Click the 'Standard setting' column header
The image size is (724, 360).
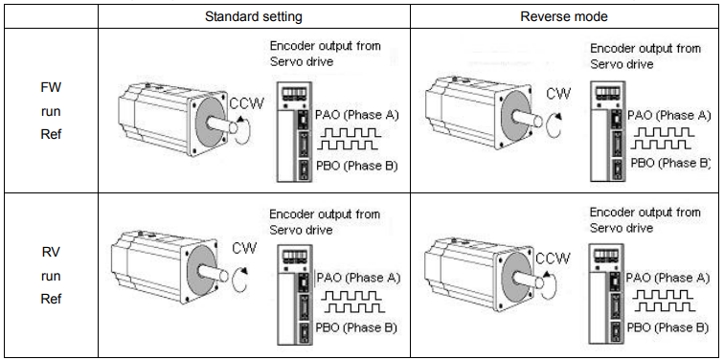coord(254,17)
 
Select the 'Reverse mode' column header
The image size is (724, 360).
coord(564,17)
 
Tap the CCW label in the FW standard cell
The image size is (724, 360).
coord(247,103)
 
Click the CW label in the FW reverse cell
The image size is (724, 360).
coord(558,94)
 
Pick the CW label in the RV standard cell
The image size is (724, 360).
coord(244,248)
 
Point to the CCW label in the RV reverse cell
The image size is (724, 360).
coord(554,258)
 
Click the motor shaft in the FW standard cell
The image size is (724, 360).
coord(221,124)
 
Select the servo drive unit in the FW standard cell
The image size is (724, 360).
coord(294,131)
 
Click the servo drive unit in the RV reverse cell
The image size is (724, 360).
coord(607,295)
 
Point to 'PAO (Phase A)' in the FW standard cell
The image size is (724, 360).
coord(357,115)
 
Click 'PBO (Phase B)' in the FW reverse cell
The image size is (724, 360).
coord(670,163)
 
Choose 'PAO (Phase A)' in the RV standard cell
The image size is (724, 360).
coord(359,278)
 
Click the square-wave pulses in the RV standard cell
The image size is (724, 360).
coord(352,302)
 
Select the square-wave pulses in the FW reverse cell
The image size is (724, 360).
coord(663,139)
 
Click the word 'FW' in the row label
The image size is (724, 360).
coord(51,87)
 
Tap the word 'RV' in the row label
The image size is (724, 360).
coord(51,252)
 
